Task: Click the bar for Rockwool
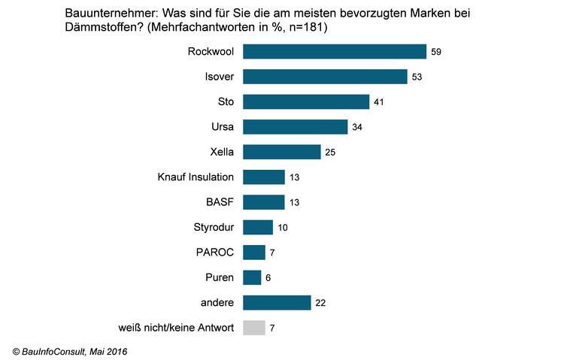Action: point(335,51)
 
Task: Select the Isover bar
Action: point(326,77)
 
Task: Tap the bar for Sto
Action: point(307,101)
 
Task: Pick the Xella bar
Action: point(282,152)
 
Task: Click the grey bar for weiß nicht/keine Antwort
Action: point(255,328)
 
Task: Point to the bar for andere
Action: point(277,302)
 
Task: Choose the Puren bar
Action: point(253,277)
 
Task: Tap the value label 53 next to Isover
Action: point(417,77)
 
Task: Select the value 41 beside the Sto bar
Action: point(379,101)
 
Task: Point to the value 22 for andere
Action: point(320,302)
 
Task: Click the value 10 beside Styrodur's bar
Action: point(283,227)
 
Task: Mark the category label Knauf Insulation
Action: point(196,177)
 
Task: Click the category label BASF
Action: point(220,202)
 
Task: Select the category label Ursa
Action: point(223,127)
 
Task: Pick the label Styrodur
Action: point(214,227)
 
